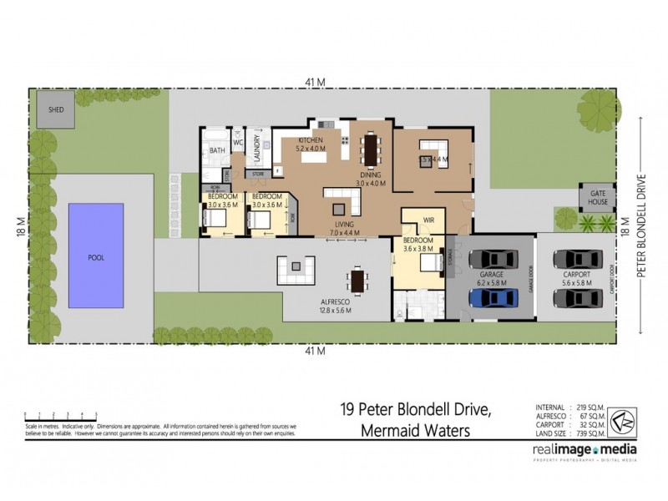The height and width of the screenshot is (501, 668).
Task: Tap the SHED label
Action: tap(56, 110)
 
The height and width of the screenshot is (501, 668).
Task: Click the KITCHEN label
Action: tap(311, 139)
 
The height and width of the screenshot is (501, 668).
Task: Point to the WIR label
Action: tap(430, 221)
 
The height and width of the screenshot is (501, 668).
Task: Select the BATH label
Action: tap(217, 150)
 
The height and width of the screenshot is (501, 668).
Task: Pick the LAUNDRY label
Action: tap(258, 150)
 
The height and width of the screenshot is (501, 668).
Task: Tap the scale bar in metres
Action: tap(60, 414)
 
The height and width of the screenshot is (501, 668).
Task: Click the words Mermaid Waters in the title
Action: tap(415, 431)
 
